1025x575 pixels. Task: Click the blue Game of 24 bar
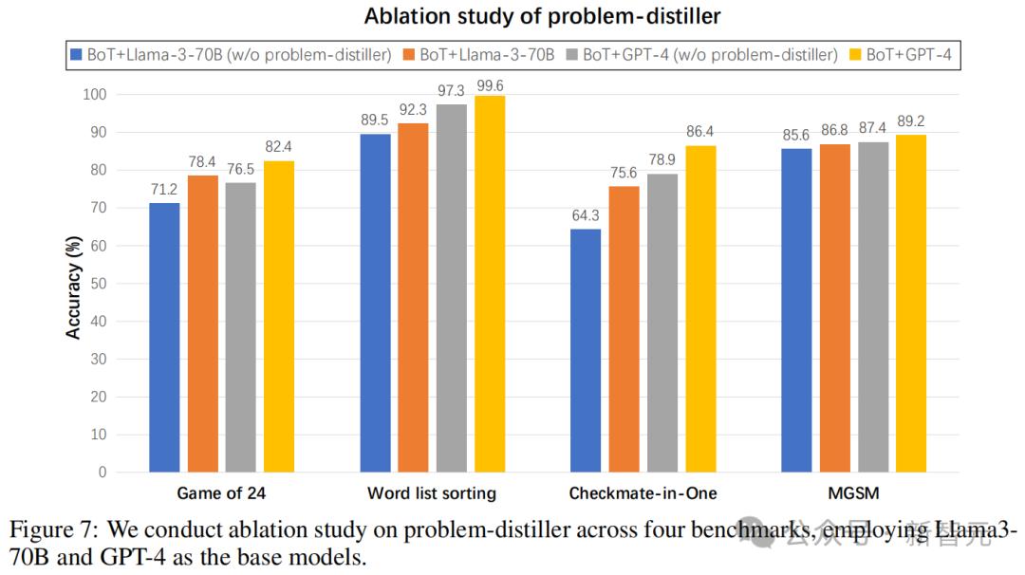pos(164,337)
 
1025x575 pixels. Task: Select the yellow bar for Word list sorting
pos(490,284)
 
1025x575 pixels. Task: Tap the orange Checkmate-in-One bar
pos(624,328)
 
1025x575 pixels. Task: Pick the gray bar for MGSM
pos(872,306)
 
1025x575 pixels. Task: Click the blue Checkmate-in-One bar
pos(586,350)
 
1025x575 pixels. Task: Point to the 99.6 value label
pos(490,84)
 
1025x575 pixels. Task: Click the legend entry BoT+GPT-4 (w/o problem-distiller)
pos(710,55)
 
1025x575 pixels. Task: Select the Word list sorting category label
pos(432,493)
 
